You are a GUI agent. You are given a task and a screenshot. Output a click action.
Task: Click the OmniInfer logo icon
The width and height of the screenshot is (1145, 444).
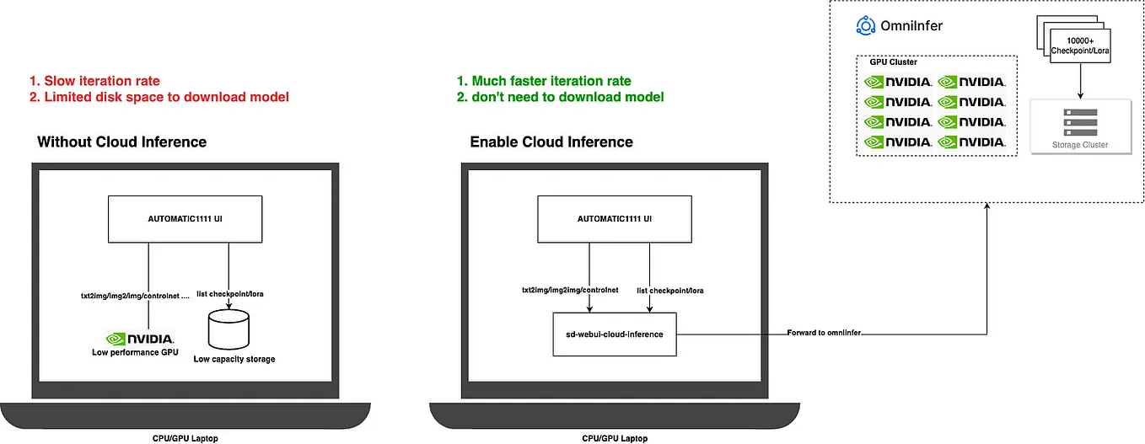click(x=865, y=26)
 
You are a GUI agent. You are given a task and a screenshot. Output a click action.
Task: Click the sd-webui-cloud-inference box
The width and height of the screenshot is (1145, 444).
click(x=615, y=334)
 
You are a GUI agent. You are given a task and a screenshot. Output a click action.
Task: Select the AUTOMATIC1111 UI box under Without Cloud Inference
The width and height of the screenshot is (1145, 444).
click(x=185, y=219)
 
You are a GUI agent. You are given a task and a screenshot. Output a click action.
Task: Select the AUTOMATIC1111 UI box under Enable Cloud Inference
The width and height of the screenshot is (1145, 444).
click(x=615, y=219)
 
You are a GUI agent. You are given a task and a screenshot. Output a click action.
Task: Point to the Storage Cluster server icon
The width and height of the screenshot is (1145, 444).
click(x=1079, y=122)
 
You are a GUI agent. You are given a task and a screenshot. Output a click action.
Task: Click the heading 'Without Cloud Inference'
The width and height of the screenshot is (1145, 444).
click(x=121, y=142)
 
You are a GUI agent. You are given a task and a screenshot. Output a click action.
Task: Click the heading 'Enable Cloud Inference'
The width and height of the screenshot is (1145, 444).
click(x=551, y=142)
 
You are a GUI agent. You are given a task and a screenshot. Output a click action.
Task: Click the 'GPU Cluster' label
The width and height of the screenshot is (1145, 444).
click(x=892, y=62)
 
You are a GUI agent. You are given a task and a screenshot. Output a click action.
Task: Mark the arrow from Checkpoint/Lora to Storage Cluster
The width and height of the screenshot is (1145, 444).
click(x=1080, y=80)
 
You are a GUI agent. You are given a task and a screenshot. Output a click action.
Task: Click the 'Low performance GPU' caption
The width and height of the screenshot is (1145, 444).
click(x=135, y=352)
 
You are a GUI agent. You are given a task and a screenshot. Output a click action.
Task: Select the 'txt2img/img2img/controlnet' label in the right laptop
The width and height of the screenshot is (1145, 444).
click(x=570, y=290)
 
